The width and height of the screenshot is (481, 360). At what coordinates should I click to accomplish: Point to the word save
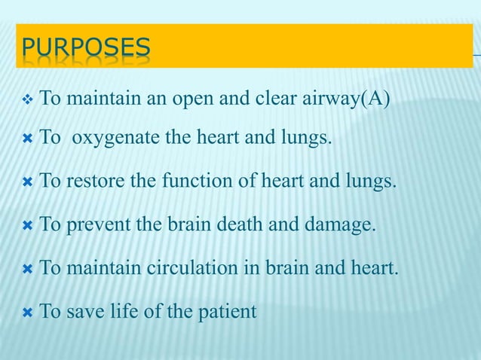pyautogui.click(x=82, y=310)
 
